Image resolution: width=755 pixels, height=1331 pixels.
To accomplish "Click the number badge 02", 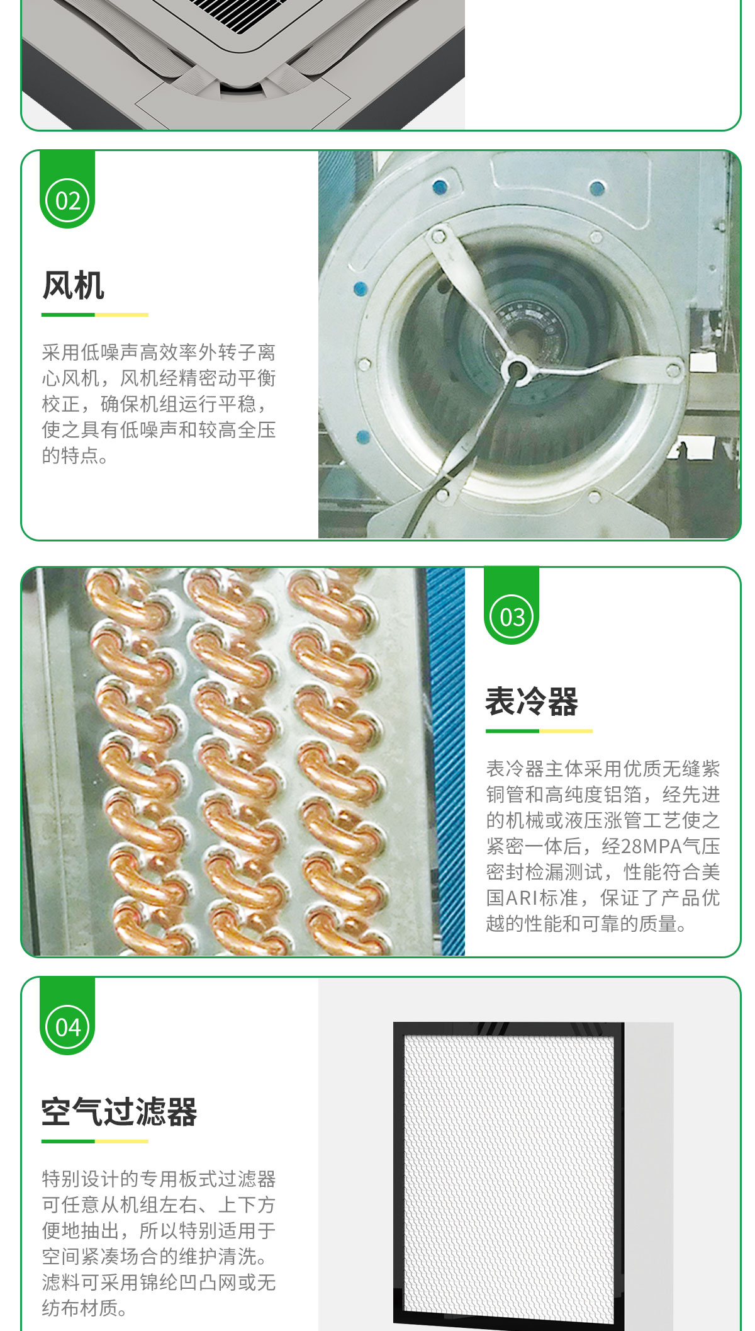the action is (68, 201).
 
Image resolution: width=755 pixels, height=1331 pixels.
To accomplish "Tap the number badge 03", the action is (512, 617).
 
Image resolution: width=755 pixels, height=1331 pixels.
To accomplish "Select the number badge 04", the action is (68, 1028).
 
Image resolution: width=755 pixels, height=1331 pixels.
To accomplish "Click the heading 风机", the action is (73, 285).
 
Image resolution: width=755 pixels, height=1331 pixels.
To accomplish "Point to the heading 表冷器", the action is (532, 701).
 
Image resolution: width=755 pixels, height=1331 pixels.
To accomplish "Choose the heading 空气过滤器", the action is (120, 1112).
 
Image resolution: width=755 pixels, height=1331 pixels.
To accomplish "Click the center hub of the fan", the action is (517, 369).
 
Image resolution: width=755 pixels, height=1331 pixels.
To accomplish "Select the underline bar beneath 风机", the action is (95, 314).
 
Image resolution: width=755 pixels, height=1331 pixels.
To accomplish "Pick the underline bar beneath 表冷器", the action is (539, 731).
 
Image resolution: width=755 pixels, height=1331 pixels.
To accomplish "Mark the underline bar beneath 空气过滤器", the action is (95, 1141).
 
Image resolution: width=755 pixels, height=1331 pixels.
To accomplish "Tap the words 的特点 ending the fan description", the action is (71, 455).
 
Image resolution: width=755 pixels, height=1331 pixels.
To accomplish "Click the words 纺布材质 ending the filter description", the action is (81, 1308).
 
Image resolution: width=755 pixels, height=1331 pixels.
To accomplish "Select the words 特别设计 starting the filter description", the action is (81, 1179).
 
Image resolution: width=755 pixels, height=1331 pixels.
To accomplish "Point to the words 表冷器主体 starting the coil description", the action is (534, 769).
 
